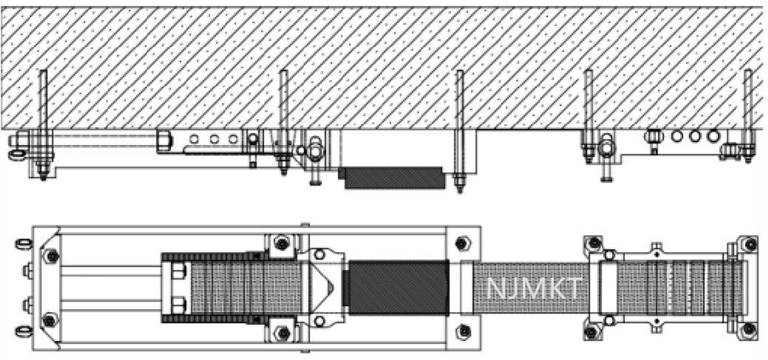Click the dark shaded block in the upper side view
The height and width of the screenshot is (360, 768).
(392, 177)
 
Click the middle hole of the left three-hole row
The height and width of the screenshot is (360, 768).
(214, 138)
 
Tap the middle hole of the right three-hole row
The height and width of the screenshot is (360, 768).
(695, 136)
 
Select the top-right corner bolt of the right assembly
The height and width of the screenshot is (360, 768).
(750, 243)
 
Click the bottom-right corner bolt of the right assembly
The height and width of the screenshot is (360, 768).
(750, 328)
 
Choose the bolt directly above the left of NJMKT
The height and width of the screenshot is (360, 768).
(463, 243)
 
